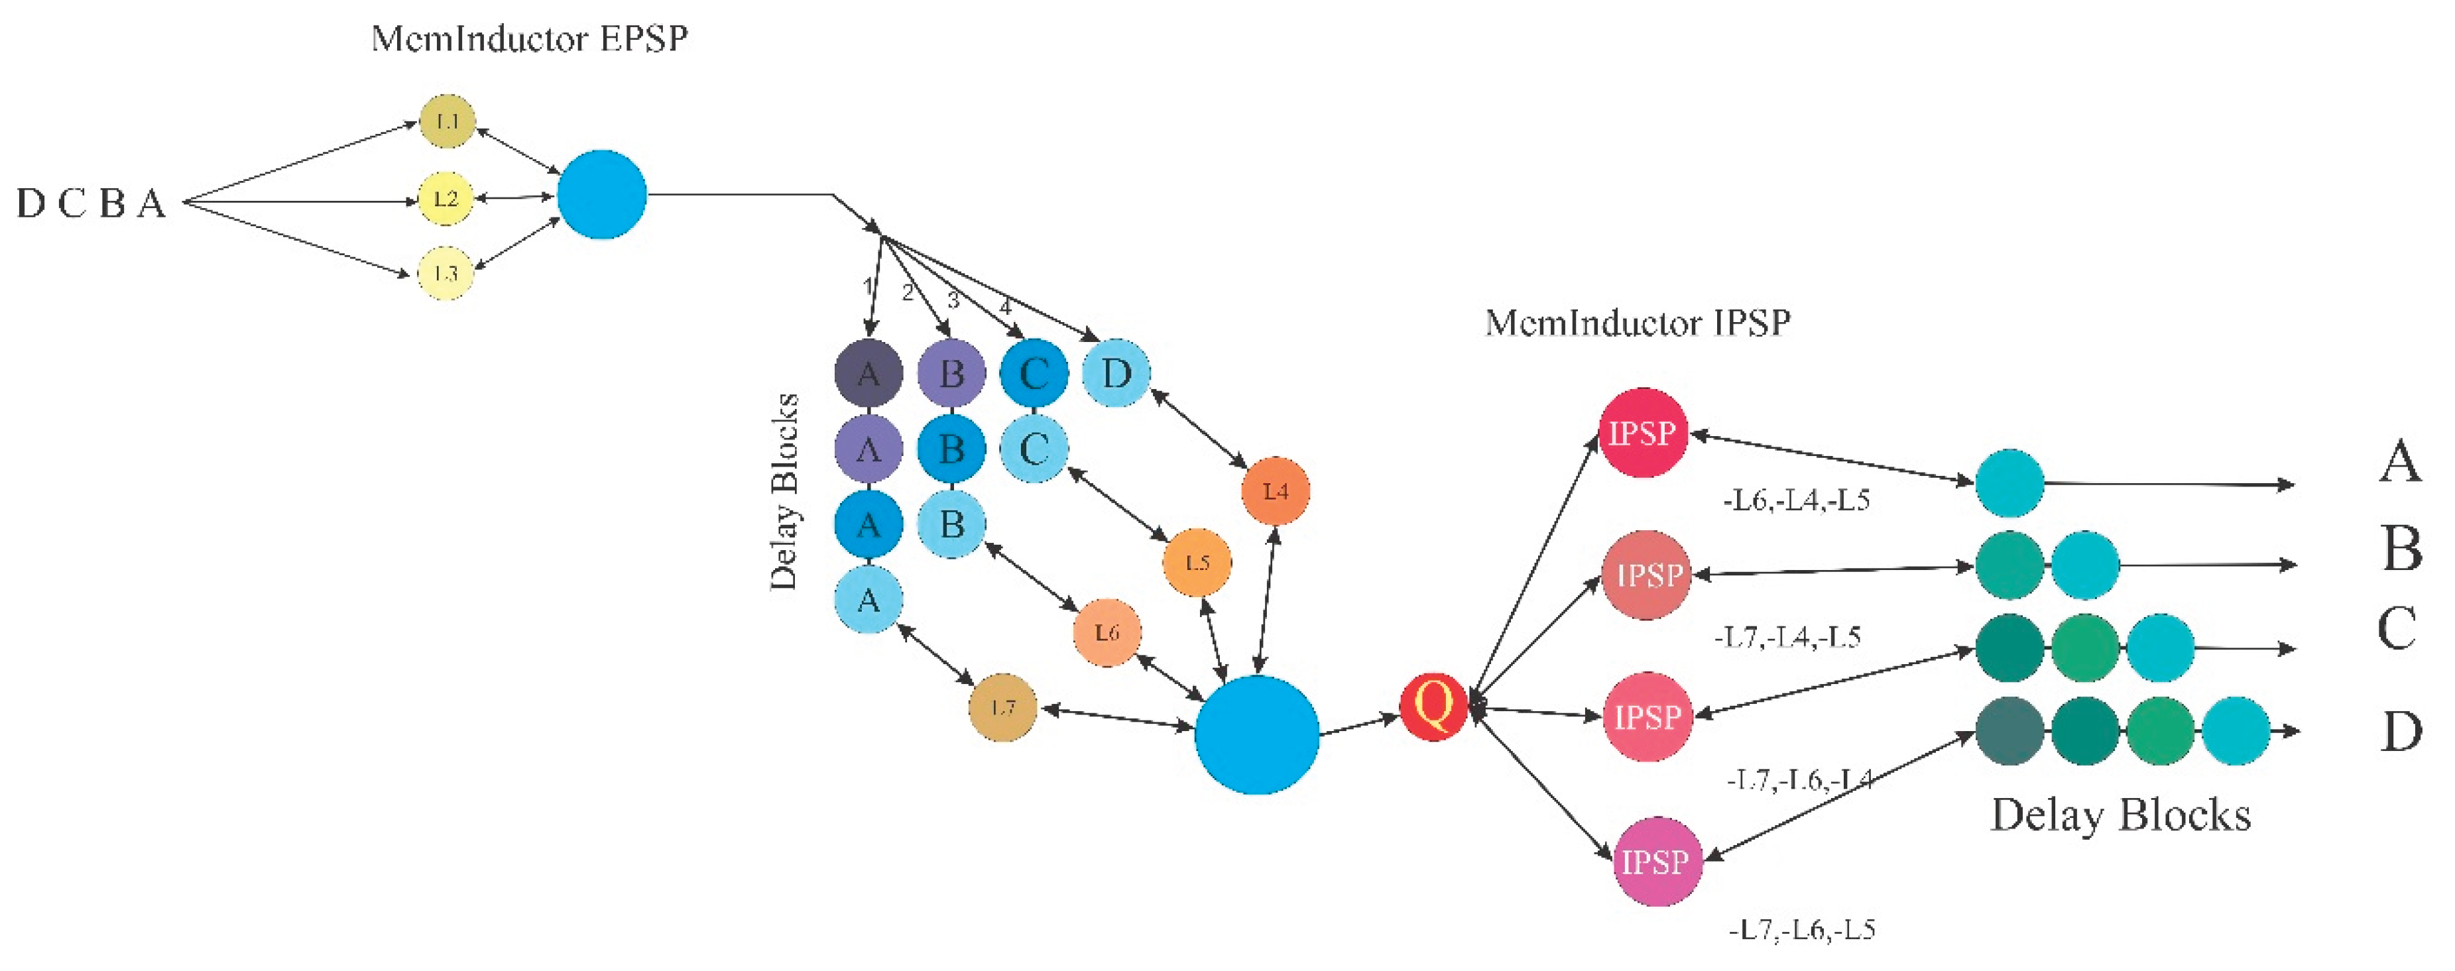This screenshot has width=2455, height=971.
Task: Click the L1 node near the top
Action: (447, 121)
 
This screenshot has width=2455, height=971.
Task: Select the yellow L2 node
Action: (446, 198)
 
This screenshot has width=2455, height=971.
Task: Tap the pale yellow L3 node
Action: (446, 274)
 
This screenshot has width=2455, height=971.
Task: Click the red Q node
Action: (1433, 706)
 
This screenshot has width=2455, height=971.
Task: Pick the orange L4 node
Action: (1275, 490)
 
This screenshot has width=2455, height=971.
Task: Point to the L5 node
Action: (1197, 562)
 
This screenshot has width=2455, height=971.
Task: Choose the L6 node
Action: (1107, 632)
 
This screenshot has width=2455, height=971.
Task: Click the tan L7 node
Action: (1002, 707)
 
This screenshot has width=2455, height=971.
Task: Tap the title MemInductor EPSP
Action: (530, 39)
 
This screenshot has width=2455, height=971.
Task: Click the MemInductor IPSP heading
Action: (1638, 323)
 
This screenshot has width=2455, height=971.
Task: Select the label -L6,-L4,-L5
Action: (1797, 500)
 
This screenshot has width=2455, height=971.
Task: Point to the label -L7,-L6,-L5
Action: (1802, 930)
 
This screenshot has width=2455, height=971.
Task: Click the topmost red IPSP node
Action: (1643, 433)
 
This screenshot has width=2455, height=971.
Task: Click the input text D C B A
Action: (91, 203)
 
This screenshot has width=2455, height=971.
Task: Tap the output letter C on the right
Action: (2397, 629)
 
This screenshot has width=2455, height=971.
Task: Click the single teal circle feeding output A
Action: (2009, 483)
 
